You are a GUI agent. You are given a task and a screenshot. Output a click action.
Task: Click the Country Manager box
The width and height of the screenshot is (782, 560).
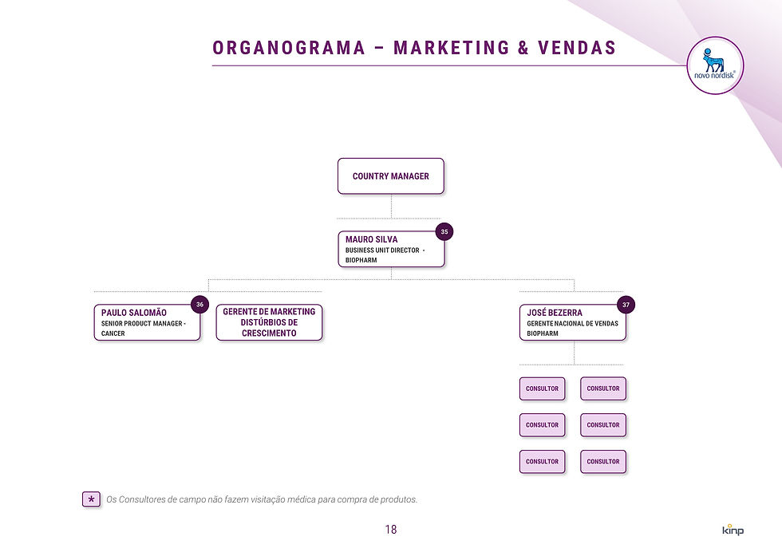[x=390, y=176]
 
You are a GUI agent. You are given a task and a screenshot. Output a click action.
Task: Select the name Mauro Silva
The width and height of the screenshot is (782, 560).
[x=371, y=239]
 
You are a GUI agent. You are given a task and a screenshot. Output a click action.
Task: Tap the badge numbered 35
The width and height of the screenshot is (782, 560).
[x=444, y=232]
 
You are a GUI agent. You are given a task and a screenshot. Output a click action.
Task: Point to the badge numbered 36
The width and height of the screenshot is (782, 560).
[x=200, y=305]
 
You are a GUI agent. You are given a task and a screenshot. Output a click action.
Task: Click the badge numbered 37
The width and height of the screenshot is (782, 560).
[x=626, y=305]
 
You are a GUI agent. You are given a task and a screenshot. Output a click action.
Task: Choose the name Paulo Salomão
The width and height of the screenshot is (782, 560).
[x=134, y=313]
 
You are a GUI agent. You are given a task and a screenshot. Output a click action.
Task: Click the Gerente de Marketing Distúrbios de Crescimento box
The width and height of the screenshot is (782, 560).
[x=269, y=322]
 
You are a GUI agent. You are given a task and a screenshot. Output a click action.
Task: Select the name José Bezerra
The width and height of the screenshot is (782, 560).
[x=555, y=313]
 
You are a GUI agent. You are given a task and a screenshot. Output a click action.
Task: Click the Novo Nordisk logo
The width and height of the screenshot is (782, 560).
[x=715, y=65]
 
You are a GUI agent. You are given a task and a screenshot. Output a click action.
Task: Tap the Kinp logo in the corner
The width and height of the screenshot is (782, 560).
[x=732, y=530]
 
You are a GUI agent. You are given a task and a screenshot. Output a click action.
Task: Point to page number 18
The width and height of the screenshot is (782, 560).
[x=390, y=530]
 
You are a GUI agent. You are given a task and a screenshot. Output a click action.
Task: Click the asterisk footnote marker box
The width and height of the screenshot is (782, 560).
[x=91, y=500]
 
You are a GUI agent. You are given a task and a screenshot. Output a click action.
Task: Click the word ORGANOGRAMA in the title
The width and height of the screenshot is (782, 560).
[x=288, y=48]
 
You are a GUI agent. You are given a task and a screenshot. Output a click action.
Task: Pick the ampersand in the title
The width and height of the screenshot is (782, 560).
[x=523, y=48]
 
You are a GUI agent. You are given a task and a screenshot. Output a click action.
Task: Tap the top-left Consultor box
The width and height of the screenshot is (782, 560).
[x=542, y=388]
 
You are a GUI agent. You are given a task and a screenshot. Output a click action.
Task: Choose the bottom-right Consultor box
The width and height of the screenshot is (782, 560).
[x=603, y=462]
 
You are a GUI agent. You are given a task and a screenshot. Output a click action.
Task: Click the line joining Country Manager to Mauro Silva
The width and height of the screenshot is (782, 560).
[x=391, y=206]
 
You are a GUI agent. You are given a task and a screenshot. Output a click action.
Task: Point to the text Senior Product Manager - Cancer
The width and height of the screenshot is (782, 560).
[x=143, y=329]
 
